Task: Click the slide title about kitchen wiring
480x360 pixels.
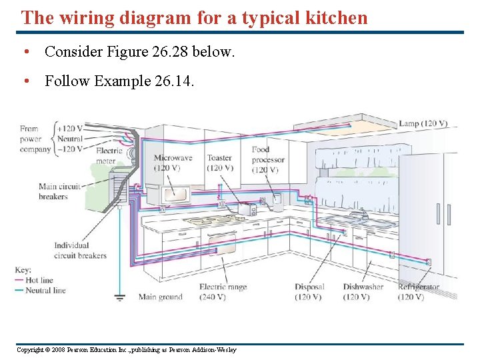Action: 194,17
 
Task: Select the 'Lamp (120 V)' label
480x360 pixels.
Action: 423,124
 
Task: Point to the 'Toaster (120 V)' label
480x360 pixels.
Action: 219,163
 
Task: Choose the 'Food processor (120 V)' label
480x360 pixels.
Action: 268,160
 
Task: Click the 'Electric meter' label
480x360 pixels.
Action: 109,155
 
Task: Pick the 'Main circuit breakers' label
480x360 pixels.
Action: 59,191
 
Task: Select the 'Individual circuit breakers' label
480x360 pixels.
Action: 80,251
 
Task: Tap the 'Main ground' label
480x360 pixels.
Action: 160,297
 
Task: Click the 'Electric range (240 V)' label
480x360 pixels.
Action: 223,292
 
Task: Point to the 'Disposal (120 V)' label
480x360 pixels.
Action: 309,292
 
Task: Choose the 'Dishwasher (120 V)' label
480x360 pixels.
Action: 363,292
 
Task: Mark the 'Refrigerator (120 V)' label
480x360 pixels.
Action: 418,292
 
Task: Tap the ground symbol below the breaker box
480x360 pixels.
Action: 120,297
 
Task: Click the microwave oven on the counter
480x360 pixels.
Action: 175,193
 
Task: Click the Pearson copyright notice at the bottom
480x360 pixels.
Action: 126,350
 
